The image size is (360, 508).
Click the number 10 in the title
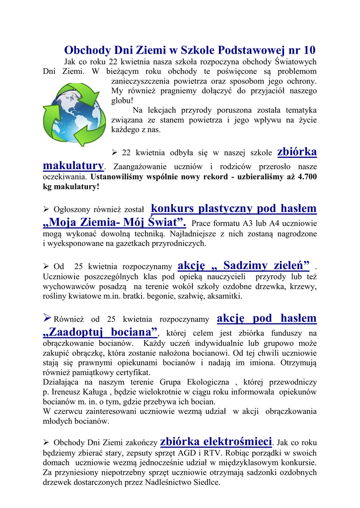point(308,50)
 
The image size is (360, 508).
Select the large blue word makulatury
point(73,165)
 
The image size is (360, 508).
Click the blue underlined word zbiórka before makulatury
point(297,152)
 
